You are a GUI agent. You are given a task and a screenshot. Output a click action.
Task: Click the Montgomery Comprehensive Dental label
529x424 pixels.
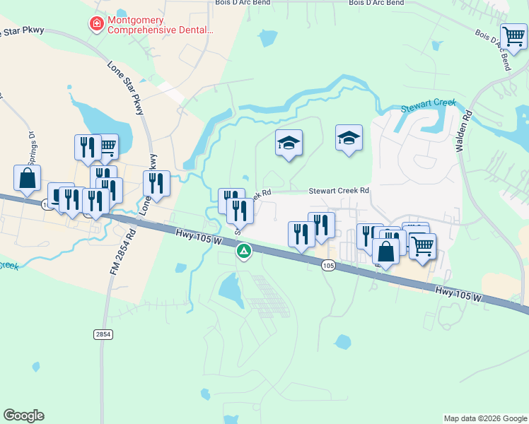(161, 25)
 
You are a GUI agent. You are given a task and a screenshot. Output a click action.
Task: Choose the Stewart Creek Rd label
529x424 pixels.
(339, 191)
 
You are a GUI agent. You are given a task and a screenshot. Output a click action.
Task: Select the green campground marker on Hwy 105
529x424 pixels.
(244, 250)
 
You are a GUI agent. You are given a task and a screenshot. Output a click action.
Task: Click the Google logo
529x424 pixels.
(23, 416)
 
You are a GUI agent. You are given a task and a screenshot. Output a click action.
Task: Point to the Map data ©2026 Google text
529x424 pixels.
(484, 418)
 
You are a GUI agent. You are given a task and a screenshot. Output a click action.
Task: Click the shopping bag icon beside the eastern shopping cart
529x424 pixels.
(386, 251)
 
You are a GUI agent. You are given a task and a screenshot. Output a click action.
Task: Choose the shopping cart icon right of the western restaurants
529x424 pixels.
(106, 146)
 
